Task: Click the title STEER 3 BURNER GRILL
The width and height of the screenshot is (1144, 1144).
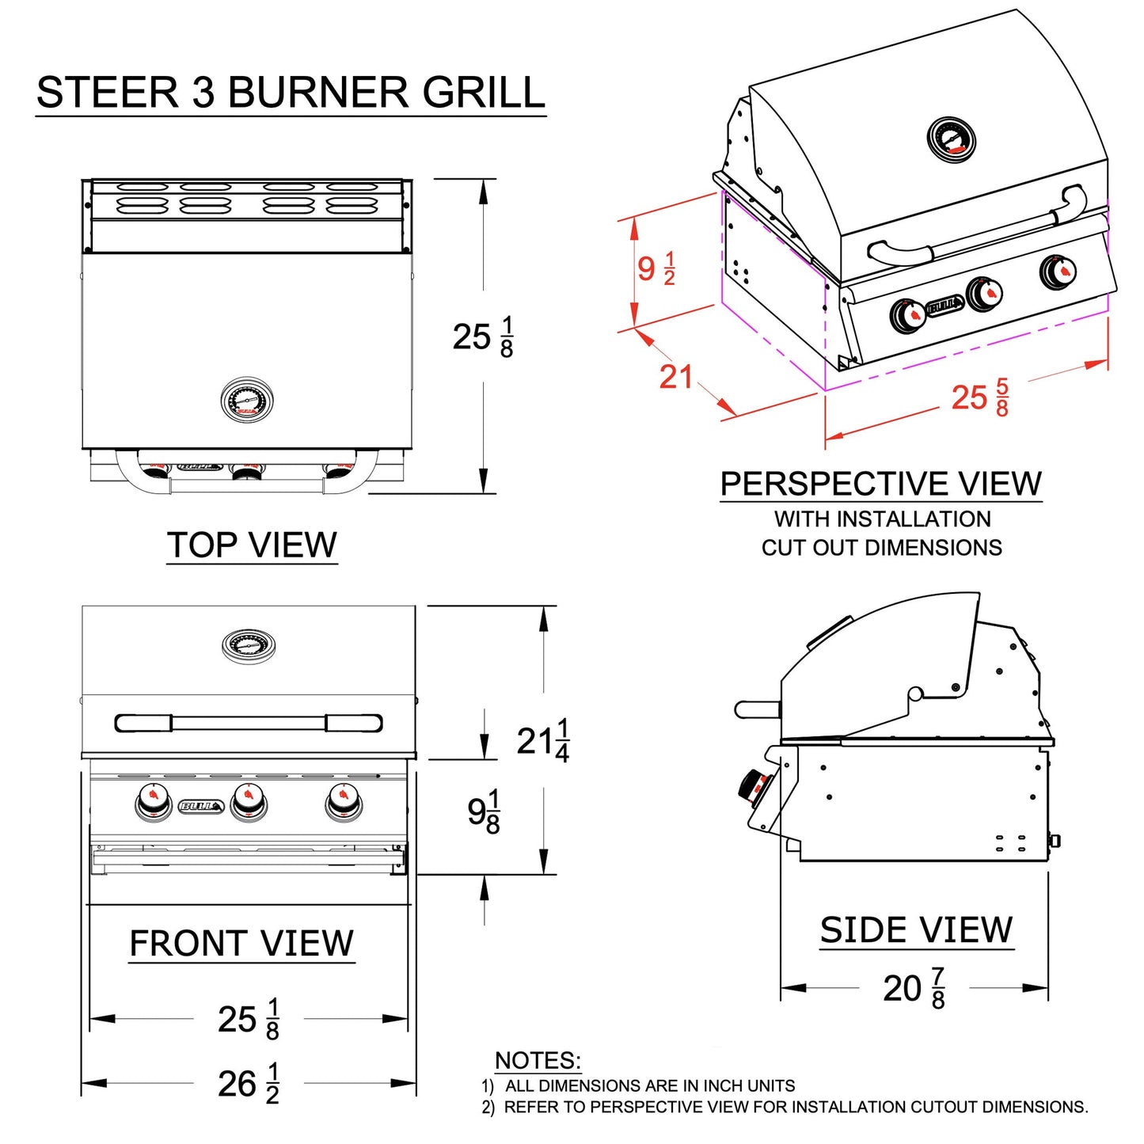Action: [x=291, y=93]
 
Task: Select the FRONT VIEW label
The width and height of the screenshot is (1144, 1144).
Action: [x=241, y=943]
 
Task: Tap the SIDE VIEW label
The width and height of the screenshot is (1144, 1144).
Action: [x=916, y=929]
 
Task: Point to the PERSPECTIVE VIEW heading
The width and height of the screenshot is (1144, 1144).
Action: [x=880, y=484]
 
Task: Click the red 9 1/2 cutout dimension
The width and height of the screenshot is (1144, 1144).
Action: [x=656, y=268]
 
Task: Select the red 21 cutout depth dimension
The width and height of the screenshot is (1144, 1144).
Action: [x=675, y=377]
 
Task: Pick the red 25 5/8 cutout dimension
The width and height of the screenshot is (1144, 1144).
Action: [x=980, y=397]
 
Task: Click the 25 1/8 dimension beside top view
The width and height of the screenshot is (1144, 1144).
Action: [x=483, y=336]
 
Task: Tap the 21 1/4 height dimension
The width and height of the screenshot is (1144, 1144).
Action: [x=543, y=741]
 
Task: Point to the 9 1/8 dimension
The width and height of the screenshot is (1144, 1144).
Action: [x=484, y=811]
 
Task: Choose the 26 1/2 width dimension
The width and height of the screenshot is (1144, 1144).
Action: [x=249, y=1083]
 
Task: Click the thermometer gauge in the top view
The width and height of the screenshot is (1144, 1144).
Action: [x=247, y=401]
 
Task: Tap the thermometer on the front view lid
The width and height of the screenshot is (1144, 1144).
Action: [x=249, y=646]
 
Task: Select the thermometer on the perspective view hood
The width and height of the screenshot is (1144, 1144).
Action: [x=951, y=139]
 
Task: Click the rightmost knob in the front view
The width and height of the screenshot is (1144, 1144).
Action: [x=344, y=802]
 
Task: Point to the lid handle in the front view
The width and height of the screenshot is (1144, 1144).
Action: [x=249, y=723]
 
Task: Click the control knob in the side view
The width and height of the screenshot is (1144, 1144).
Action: [x=751, y=785]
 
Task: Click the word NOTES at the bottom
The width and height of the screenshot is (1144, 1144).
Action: [x=538, y=1060]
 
